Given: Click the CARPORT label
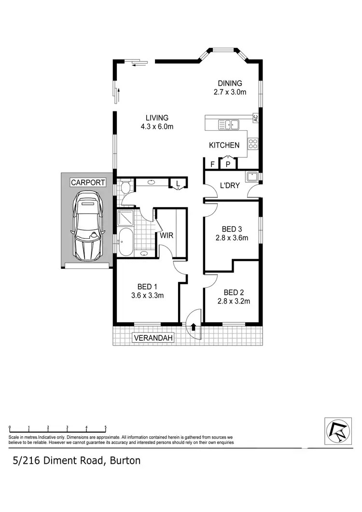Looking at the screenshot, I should [88, 182].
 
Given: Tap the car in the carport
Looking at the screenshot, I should [87, 224].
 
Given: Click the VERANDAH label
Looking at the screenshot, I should [153, 338].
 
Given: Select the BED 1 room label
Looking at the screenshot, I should [148, 286].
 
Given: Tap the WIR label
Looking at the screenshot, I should [167, 236].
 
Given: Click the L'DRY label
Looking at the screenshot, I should [230, 185].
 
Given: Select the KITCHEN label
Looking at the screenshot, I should [224, 145].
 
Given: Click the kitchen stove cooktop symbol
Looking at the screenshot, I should [253, 144].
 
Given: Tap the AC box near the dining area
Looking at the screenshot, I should [256, 118].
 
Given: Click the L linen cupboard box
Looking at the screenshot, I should [178, 183].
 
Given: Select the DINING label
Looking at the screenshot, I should [230, 83].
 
